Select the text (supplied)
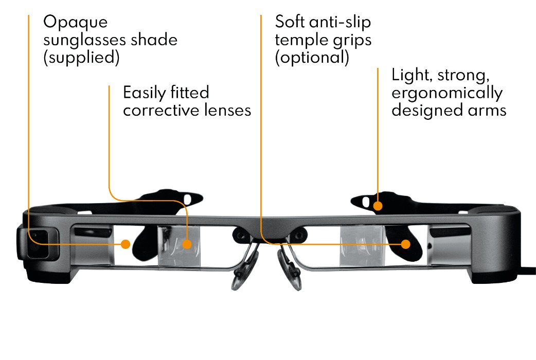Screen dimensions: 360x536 tap(81, 57)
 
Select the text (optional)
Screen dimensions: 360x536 tap(312, 57)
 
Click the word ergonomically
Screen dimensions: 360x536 tap(446, 93)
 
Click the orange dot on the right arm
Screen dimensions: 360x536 tap(378, 207)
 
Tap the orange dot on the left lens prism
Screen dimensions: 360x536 tap(187, 244)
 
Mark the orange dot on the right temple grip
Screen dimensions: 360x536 tap(406, 244)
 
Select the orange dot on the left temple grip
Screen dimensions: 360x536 tap(125, 244)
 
